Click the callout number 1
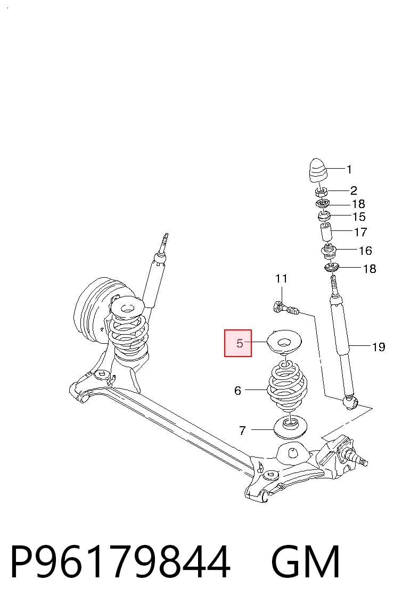tap(349, 169)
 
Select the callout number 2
tap(354, 190)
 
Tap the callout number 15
tap(359, 217)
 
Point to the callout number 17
tap(360, 232)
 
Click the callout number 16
tap(365, 251)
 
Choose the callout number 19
tap(379, 347)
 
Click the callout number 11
tap(281, 279)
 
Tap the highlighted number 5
tap(240, 344)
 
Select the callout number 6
tap(238, 391)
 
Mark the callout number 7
tap(242, 430)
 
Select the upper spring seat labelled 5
tap(284, 343)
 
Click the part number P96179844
tap(120, 562)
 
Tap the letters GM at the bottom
tap(305, 562)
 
